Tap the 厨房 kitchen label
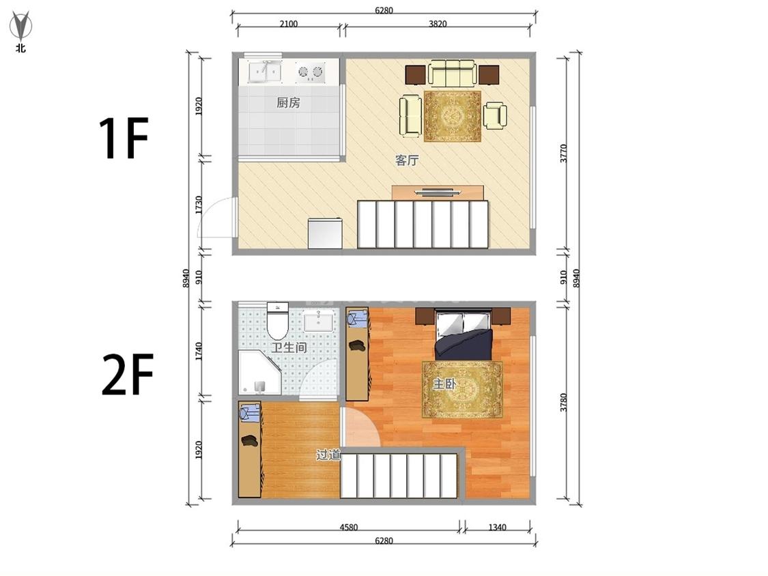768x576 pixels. click(x=288, y=103)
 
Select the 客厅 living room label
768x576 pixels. click(x=407, y=160)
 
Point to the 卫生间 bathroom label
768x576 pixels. click(x=289, y=348)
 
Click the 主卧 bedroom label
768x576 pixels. click(x=444, y=384)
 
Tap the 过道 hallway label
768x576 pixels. click(x=328, y=455)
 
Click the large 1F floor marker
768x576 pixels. click(x=123, y=139)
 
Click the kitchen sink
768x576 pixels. click(x=264, y=72)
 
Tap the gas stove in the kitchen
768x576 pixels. click(x=311, y=72)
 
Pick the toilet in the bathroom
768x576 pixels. click(x=278, y=321)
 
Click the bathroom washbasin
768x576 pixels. click(x=318, y=321)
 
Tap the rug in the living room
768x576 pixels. click(x=452, y=116)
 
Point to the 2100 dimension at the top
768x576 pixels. click(x=289, y=23)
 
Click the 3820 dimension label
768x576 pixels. click(x=438, y=23)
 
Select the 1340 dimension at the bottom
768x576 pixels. click(x=497, y=527)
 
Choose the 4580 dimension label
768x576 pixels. click(x=349, y=527)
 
